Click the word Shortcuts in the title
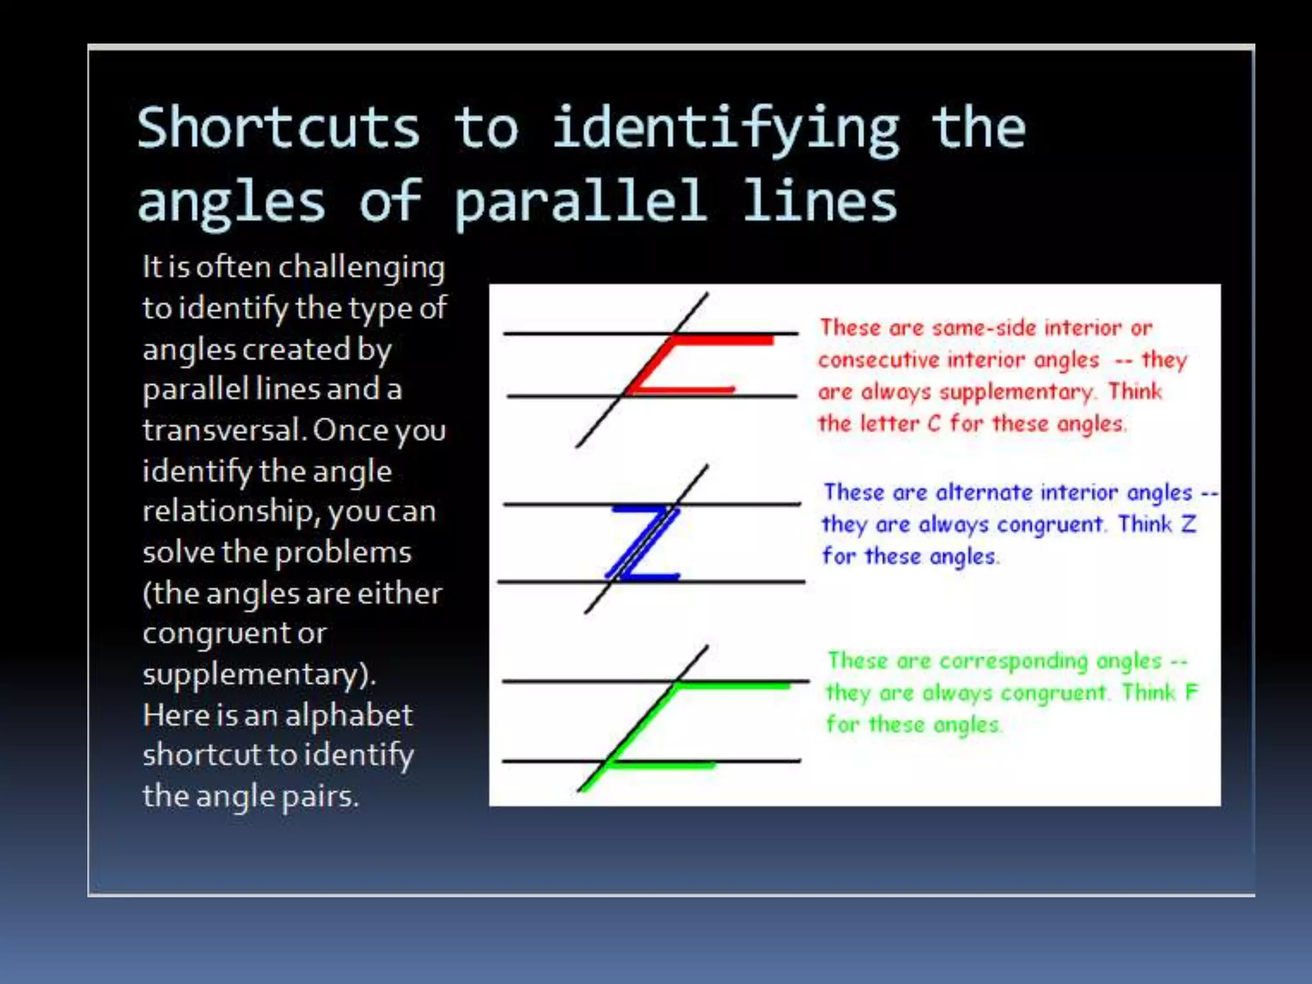click(279, 127)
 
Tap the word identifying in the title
click(726, 128)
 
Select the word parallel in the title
click(580, 201)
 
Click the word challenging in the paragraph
click(362, 268)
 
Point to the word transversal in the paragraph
click(223, 430)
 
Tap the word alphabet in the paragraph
click(348, 716)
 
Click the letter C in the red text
click(934, 424)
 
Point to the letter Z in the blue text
click(1189, 524)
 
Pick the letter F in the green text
click(1192, 692)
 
